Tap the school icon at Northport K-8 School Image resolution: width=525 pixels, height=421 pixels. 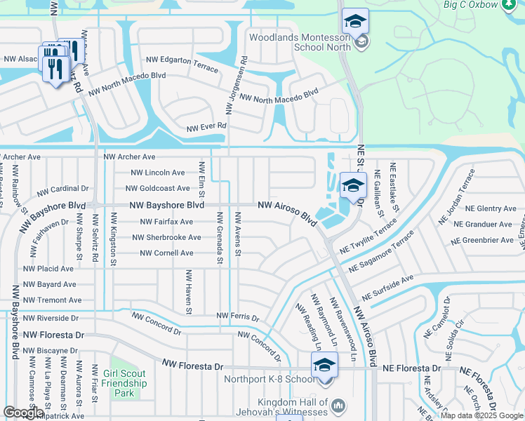[x=324, y=365]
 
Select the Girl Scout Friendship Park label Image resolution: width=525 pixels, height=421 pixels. [x=124, y=384]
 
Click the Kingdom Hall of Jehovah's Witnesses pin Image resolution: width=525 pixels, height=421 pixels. [x=338, y=406]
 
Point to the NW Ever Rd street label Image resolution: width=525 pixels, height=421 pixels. [x=207, y=127]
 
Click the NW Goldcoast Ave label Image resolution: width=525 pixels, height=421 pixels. [x=157, y=188]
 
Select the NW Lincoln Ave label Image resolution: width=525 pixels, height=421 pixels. [x=158, y=173]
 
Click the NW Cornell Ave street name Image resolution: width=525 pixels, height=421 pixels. [x=166, y=253]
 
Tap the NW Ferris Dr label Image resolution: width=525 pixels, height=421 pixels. [x=238, y=318]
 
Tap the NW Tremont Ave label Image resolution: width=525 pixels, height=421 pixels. [x=52, y=300]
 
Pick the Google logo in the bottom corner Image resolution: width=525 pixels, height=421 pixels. [x=23, y=413]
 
